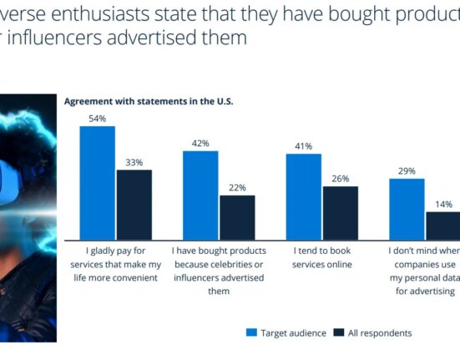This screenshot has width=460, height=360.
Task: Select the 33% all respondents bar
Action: pyautogui.click(x=134, y=204)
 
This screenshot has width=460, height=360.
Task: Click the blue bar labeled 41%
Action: pyautogui.click(x=303, y=196)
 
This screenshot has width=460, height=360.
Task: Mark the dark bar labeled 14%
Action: pyautogui.click(x=442, y=225)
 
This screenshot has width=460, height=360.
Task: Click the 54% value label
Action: pyautogui.click(x=97, y=119)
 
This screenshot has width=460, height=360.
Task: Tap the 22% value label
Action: pyautogui.click(x=237, y=188)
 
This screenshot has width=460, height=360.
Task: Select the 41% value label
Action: pyautogui.click(x=303, y=146)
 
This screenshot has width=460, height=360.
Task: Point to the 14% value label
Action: pyautogui.click(x=443, y=205)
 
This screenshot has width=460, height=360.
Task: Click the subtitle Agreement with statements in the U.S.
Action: pyautogui.click(x=149, y=101)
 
